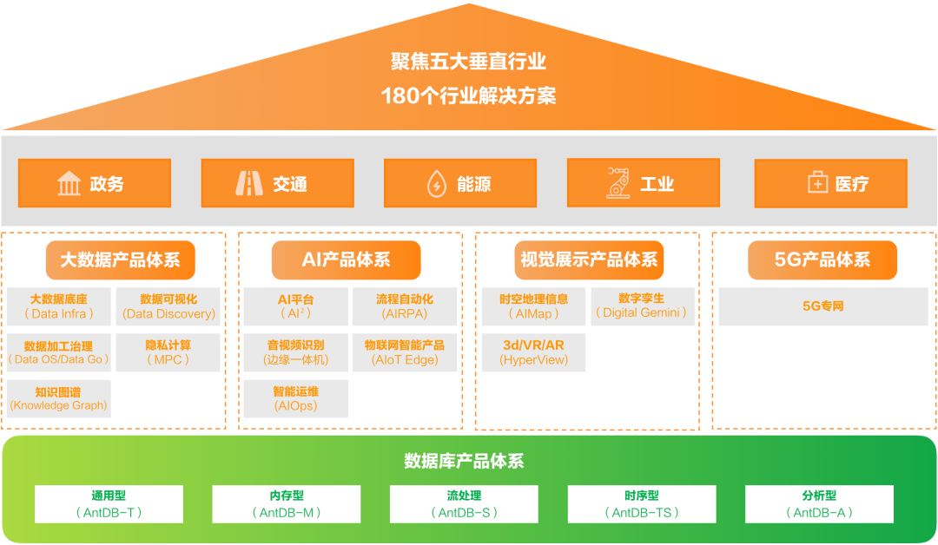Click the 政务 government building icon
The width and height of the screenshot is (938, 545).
[x=69, y=184]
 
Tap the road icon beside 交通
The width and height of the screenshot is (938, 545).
[x=249, y=184]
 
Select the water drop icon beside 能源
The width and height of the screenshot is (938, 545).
[x=435, y=184]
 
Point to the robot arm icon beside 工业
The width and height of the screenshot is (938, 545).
[x=618, y=183]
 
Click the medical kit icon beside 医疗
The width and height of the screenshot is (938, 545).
[x=817, y=184]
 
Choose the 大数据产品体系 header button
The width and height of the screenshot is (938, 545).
[x=120, y=259]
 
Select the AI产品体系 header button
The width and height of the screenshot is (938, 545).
[x=346, y=259]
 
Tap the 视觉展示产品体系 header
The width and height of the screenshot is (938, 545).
[x=588, y=259]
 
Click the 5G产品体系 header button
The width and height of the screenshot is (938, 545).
[x=822, y=259]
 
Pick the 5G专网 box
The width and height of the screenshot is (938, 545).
[x=822, y=306]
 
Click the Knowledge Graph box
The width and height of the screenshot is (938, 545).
[x=59, y=398]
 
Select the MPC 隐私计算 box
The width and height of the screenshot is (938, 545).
[x=168, y=352]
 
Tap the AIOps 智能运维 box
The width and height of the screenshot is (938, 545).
[x=295, y=398]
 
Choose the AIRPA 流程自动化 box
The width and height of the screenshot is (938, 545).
[x=404, y=306]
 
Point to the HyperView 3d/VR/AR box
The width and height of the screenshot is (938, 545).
[x=533, y=352]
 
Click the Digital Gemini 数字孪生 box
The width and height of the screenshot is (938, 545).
[x=643, y=306]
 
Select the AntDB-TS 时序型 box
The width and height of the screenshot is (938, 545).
[x=642, y=504]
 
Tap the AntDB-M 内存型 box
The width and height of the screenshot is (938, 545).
[x=287, y=504]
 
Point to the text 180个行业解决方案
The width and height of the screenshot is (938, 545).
[x=468, y=95]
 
